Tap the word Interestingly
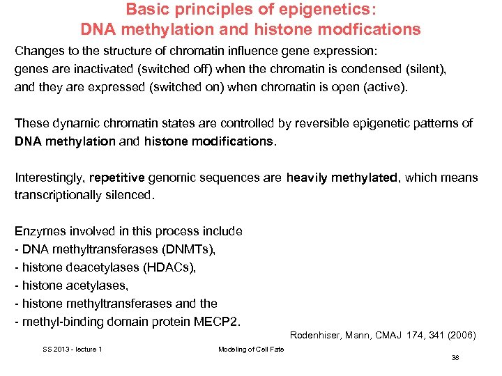[50, 178]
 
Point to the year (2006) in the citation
[461, 335]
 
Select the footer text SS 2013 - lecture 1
[72, 349]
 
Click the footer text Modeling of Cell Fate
[251, 349]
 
